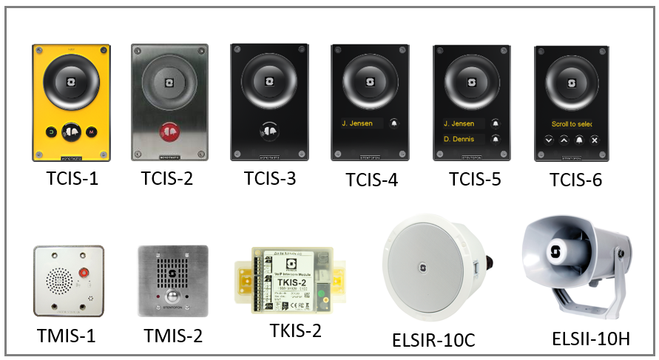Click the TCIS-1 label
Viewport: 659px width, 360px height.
point(72,179)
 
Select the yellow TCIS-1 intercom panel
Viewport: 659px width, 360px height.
point(72,103)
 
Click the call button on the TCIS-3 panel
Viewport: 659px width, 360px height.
point(268,129)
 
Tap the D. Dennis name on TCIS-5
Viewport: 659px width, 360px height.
point(463,138)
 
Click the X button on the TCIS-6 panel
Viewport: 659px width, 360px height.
point(594,139)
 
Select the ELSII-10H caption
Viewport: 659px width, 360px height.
point(590,339)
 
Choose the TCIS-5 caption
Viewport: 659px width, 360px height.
point(474,180)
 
